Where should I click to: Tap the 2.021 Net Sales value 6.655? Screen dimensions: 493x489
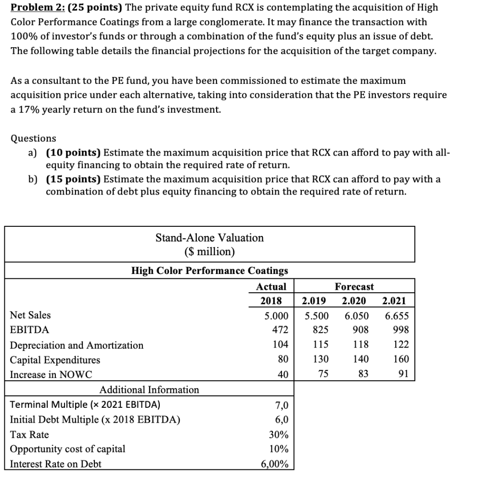397,315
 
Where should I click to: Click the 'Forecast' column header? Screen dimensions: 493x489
354,286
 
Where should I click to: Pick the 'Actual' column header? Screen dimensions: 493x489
271,286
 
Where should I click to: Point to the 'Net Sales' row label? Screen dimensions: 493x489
30,315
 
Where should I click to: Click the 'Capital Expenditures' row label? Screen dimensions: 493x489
55,360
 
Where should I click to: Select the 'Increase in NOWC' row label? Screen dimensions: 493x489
48,375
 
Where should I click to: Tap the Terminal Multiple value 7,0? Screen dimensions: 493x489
281,405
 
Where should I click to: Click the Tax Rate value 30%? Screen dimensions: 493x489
279,435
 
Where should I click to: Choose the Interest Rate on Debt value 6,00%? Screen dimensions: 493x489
274,464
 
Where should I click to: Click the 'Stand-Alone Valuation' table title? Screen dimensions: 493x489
209,238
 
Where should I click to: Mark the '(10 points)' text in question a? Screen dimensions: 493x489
73,153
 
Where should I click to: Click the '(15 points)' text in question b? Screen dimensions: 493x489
73,179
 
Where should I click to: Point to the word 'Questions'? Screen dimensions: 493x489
33,139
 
